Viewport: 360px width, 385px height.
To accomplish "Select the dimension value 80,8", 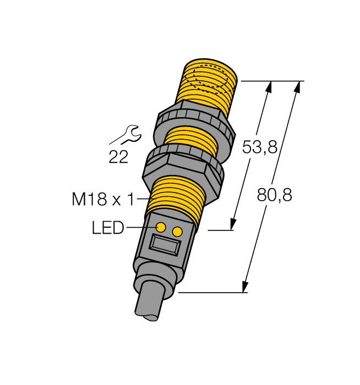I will point(274,194).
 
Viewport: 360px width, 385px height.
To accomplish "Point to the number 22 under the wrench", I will point(118,157).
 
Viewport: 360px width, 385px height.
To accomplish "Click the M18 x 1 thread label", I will point(103,199).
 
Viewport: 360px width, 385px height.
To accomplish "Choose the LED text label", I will point(108,228).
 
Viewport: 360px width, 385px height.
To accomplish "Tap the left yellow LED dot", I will point(161,227).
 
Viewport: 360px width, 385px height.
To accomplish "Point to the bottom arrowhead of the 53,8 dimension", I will point(233,224).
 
